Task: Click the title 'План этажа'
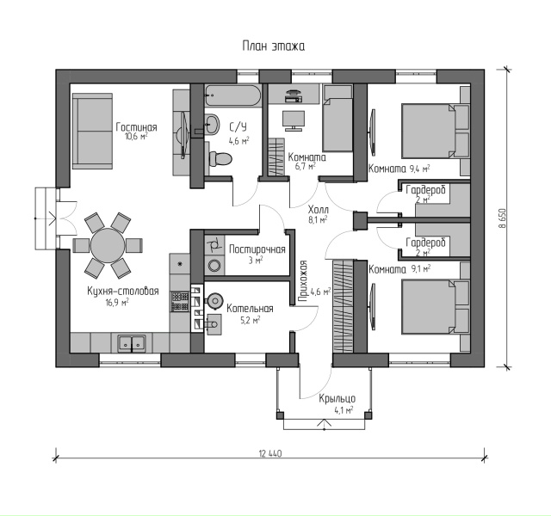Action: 274,46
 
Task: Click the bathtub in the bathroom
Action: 232,95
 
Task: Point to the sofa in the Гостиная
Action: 92,132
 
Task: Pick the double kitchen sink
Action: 132,343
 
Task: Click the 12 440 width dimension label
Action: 270,453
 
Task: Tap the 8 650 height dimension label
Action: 503,218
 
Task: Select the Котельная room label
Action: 250,309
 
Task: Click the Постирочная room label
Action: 257,249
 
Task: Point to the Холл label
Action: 318,210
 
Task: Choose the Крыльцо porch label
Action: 337,398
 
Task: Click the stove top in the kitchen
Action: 180,302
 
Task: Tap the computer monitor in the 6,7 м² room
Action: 294,120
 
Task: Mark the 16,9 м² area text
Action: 117,302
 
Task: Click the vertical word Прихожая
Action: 302,281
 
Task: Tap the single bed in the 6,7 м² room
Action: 337,119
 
